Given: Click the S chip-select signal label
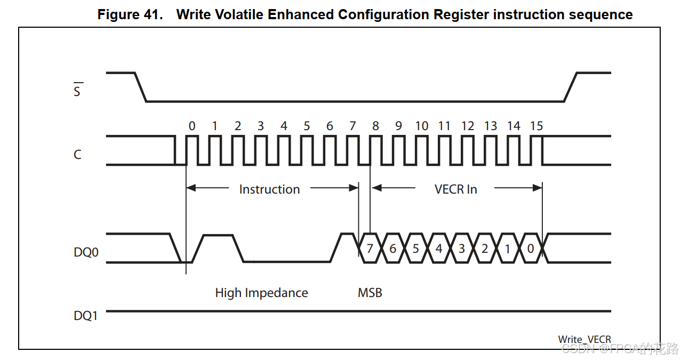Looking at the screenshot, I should point(77,91).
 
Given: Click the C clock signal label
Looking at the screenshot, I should point(78,155).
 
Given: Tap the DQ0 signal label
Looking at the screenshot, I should point(86,252).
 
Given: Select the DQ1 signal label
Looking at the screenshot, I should point(86,316).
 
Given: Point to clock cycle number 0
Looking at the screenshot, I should point(192,126).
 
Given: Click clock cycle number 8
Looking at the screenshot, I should point(375,126).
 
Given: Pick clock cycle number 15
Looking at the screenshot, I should point(536,126).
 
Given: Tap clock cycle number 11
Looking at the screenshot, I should point(444,126).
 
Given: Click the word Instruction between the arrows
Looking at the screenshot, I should point(269,189).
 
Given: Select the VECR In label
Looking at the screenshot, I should point(456,189).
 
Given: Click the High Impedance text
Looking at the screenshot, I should point(261,293).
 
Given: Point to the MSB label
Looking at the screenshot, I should point(370,293).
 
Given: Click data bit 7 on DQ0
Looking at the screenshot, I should point(370,249).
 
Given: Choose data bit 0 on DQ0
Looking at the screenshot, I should point(530,249).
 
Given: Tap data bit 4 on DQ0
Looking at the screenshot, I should point(438,249).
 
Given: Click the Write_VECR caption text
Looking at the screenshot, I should point(584,339).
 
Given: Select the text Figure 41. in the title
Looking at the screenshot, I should point(130,14).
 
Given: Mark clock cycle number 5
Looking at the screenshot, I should point(307,126).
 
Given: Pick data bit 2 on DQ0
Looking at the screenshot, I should point(484,249).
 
